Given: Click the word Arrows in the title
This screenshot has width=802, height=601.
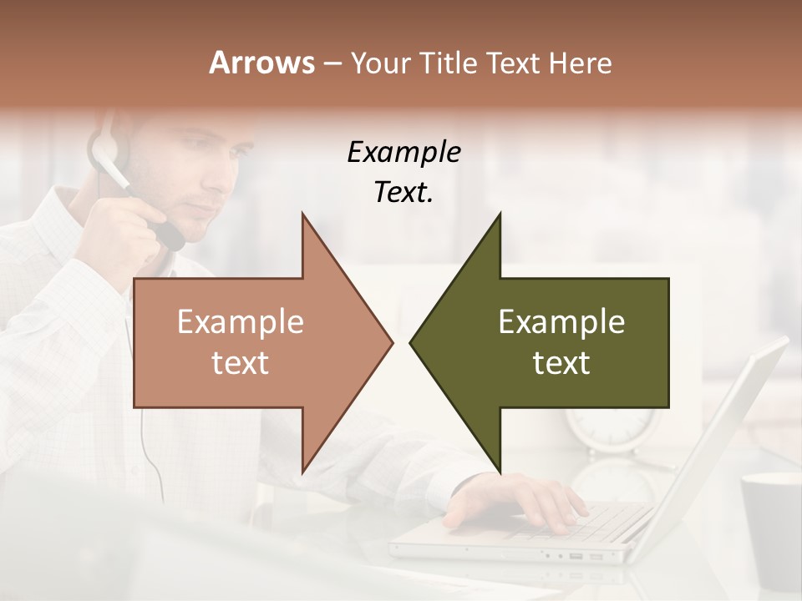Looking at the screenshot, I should [x=262, y=63].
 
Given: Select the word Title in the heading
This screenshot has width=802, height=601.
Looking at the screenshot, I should [x=448, y=63].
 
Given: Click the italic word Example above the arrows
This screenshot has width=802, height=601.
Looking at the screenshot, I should [x=404, y=153].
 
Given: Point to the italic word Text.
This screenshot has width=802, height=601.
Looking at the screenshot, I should [x=404, y=193].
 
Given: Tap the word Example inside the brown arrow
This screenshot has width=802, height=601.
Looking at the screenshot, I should [x=241, y=322].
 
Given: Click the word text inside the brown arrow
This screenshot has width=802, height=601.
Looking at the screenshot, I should [x=241, y=363].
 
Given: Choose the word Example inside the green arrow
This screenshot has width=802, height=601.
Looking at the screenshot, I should [x=561, y=322].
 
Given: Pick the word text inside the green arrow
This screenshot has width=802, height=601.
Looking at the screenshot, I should [x=561, y=363].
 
